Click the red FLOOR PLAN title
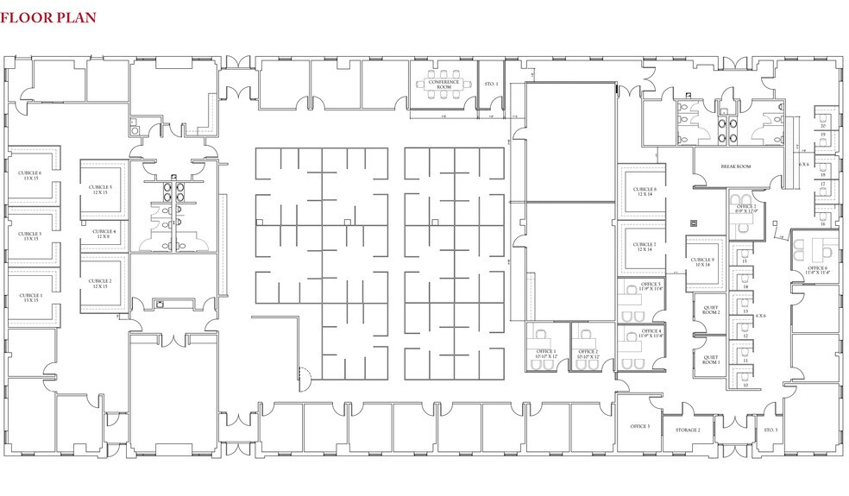tap(48, 17)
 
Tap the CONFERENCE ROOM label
tap(443, 85)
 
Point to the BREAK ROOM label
tap(735, 166)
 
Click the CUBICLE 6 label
tap(29, 175)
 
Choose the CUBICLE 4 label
tap(104, 233)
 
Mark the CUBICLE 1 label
tap(29, 297)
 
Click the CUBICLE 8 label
tap(645, 191)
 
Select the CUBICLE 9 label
tap(701, 261)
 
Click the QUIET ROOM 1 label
tap(711, 359)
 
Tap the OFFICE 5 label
tap(651, 286)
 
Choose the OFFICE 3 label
tap(639, 427)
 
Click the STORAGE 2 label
tap(687, 429)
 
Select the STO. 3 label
tap(770, 429)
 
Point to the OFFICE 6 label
tap(817, 269)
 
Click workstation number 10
tap(745, 386)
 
